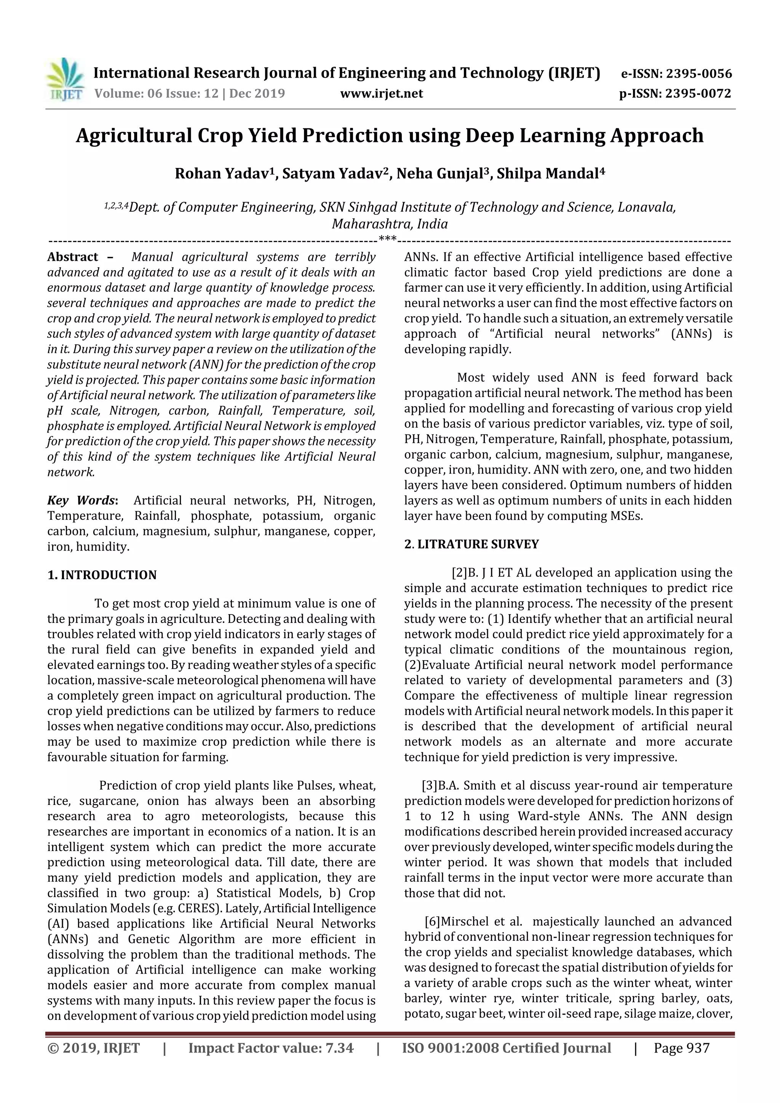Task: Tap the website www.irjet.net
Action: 382,94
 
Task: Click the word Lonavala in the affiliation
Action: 646,208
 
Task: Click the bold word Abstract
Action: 73,257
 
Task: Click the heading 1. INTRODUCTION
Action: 102,575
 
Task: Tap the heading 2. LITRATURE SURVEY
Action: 472,544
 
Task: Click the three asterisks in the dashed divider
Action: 387,239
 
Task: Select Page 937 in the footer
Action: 681,1048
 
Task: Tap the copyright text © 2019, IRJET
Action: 94,1048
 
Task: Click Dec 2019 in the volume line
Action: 257,94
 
